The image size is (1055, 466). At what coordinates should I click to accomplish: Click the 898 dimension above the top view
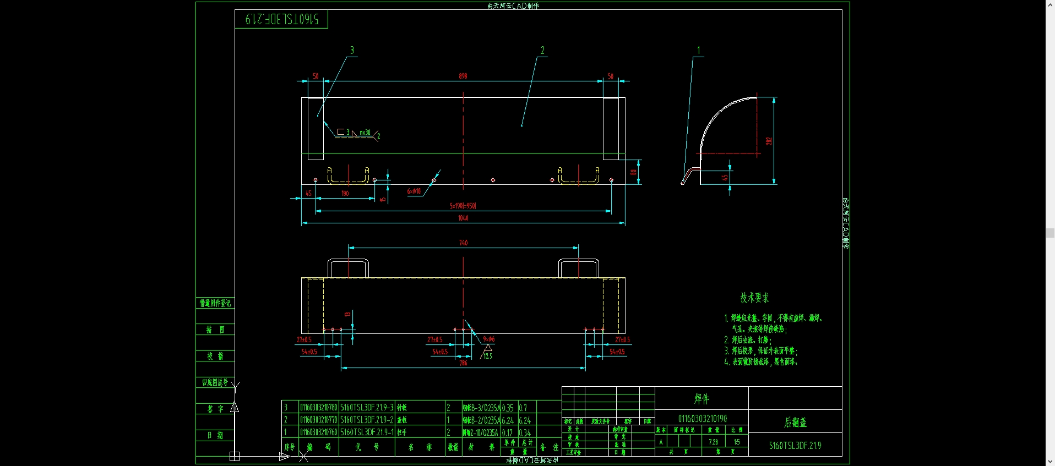463,76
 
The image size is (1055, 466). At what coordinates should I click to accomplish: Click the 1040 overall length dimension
463,218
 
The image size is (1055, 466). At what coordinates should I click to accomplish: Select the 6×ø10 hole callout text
414,191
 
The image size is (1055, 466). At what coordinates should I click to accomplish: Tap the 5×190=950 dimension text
463,206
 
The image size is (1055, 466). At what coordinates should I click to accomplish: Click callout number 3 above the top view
352,51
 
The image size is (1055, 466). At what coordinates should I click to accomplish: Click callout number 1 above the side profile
699,51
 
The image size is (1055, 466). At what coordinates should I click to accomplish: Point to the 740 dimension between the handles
463,243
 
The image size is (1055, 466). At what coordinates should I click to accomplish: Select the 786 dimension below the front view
463,363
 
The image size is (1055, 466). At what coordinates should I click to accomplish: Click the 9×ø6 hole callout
488,339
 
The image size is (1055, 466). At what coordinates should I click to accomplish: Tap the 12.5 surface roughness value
488,357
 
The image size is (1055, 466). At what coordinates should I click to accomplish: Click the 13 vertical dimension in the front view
347,314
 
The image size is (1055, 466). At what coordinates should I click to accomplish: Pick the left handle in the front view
348,267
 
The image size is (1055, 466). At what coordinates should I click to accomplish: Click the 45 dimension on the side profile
725,178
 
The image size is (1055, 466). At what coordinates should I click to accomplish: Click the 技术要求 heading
754,298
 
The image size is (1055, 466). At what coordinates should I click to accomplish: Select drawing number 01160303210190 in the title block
702,419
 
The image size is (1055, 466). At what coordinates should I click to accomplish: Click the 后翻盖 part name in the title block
795,422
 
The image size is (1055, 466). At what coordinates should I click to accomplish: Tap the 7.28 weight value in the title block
713,442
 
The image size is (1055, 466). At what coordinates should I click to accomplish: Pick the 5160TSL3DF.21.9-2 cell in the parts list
367,420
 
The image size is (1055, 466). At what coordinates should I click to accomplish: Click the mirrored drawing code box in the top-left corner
281,19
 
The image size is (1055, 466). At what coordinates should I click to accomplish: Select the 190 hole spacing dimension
345,193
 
